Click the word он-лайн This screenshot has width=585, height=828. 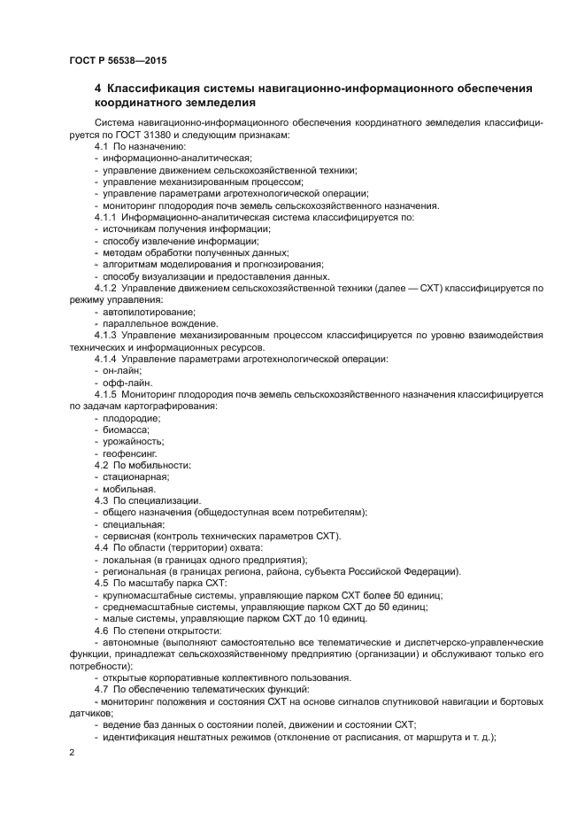click(x=122, y=370)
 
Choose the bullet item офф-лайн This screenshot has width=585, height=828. click(x=127, y=383)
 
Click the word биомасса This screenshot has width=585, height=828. click(x=126, y=429)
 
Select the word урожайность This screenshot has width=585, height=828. click(x=133, y=441)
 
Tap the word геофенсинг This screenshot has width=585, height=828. click(x=129, y=453)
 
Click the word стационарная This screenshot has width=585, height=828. click(x=135, y=476)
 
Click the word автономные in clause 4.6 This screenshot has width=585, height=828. click(x=132, y=641)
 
